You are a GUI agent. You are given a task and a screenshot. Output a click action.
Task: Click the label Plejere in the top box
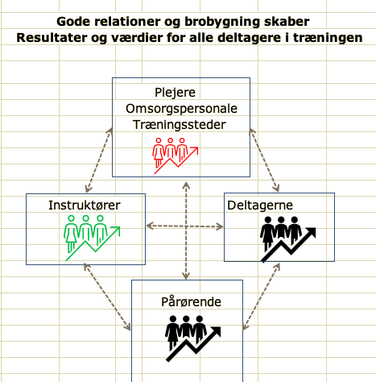pyautogui.click(x=175, y=93)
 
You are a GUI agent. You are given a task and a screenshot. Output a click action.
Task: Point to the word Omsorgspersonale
pyautogui.click(x=181, y=109)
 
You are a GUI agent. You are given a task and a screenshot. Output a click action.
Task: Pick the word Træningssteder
pyautogui.click(x=180, y=125)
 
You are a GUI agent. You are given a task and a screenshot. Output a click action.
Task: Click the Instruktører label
pyautogui.click(x=85, y=206)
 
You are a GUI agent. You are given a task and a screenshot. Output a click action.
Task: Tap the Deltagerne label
pyautogui.click(x=260, y=206)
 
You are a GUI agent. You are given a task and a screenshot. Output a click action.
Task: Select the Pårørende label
pyautogui.click(x=191, y=301)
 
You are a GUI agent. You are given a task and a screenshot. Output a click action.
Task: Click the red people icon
pyautogui.click(x=176, y=156)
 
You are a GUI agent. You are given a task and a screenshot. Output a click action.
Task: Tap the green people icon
pyautogui.click(x=92, y=238)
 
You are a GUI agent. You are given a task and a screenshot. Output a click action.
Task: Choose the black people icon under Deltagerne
pyautogui.click(x=288, y=239)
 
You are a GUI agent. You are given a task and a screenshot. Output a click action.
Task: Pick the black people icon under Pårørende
pyautogui.click(x=192, y=338)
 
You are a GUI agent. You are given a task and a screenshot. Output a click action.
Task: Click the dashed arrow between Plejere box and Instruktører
pyautogui.click(x=98, y=160)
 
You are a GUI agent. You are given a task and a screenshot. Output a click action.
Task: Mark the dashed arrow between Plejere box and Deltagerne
pyautogui.click(x=264, y=160)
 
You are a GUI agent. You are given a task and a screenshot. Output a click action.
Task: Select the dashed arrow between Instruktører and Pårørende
pyautogui.click(x=107, y=297)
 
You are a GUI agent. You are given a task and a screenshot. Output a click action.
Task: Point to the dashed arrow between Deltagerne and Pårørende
pyautogui.click(x=261, y=297)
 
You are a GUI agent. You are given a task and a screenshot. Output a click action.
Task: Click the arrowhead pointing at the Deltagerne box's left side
pyautogui.click(x=220, y=227)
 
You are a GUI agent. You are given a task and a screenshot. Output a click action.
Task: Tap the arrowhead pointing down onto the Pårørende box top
pyautogui.click(x=186, y=276)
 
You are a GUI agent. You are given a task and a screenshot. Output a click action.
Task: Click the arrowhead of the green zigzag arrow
pyautogui.click(x=116, y=230)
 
